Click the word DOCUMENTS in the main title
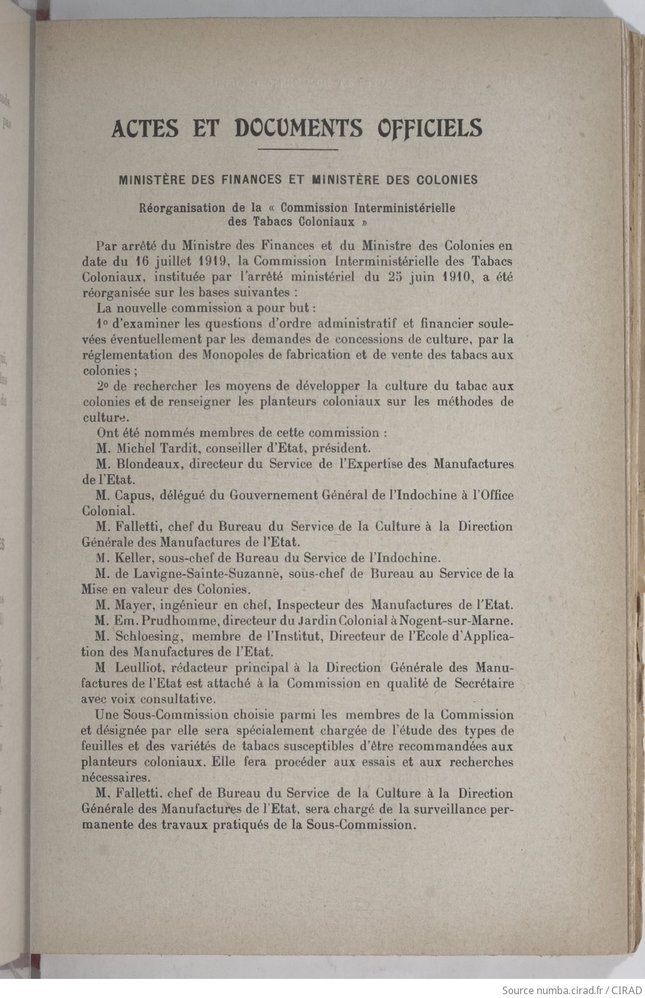click(299, 128)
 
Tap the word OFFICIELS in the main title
click(430, 128)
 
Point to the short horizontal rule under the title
click(298, 150)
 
